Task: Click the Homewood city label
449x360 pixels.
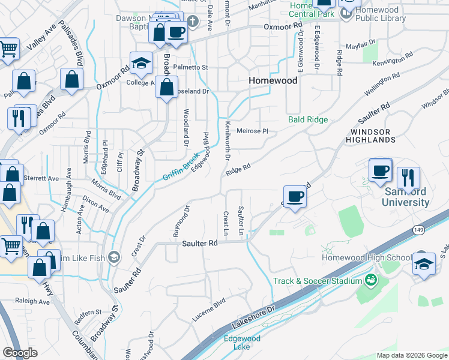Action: coord(273,80)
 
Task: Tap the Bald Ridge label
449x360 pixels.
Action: coord(308,119)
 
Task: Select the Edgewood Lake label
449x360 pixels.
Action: coord(242,343)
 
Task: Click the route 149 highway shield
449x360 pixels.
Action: coord(419,229)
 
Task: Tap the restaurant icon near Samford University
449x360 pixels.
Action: coord(408,178)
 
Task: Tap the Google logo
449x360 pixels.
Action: coord(20,353)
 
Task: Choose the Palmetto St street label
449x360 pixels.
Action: coord(190,67)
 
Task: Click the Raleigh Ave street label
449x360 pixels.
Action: coord(37,302)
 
